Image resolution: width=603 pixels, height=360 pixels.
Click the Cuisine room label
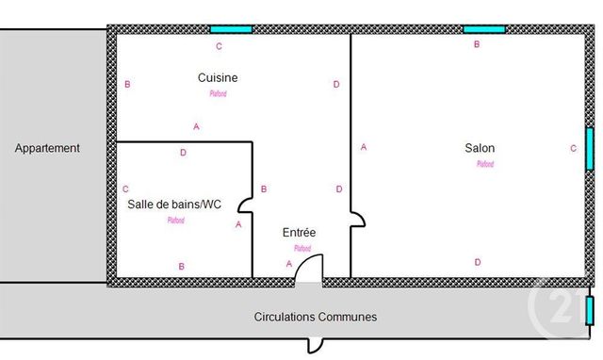[218, 77]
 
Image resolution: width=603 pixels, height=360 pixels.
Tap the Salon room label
[480, 148]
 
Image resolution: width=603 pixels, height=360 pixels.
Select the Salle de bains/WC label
[174, 204]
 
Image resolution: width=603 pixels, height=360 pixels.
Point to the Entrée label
[300, 232]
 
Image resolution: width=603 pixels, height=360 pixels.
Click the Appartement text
[47, 148]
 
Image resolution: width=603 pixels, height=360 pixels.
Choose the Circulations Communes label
[316, 317]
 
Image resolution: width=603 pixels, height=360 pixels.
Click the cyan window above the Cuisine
[231, 29]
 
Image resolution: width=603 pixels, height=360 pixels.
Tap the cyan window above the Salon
[483, 29]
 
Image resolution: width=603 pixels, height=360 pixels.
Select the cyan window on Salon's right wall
[589, 148]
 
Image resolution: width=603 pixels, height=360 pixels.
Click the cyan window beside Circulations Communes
[589, 310]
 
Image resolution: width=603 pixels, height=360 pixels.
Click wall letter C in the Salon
[573, 148]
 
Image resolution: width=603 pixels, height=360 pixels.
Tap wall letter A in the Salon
[364, 147]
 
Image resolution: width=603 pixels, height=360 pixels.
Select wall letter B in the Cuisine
[127, 85]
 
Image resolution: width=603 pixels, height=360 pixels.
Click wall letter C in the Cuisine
[219, 46]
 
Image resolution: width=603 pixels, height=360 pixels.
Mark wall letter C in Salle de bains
[125, 189]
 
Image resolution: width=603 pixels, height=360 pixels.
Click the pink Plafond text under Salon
[485, 164]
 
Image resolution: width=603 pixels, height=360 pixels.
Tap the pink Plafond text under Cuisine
[218, 93]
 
